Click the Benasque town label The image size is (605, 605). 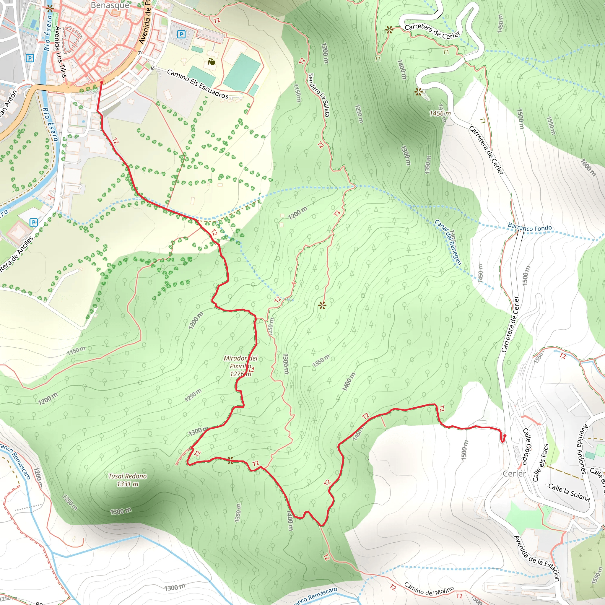tap(110, 5)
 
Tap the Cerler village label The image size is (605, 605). tap(514, 474)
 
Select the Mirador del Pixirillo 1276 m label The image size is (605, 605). tap(240, 366)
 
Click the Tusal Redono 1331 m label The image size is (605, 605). tap(127, 480)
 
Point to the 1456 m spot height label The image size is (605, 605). tap(440, 113)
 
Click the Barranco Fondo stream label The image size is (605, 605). tap(530, 228)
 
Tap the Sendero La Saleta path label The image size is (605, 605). tap(319, 95)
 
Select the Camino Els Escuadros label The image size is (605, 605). tap(198, 84)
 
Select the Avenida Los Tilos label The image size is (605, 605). tap(61, 52)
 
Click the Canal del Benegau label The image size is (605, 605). tap(448, 242)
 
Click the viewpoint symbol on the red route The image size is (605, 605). tap(230, 460)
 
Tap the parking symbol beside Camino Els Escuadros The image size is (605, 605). tap(181, 34)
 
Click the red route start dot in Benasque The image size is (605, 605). tap(101, 83)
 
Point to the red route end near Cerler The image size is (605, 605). tap(505, 436)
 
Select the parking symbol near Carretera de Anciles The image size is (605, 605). tap(33, 223)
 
